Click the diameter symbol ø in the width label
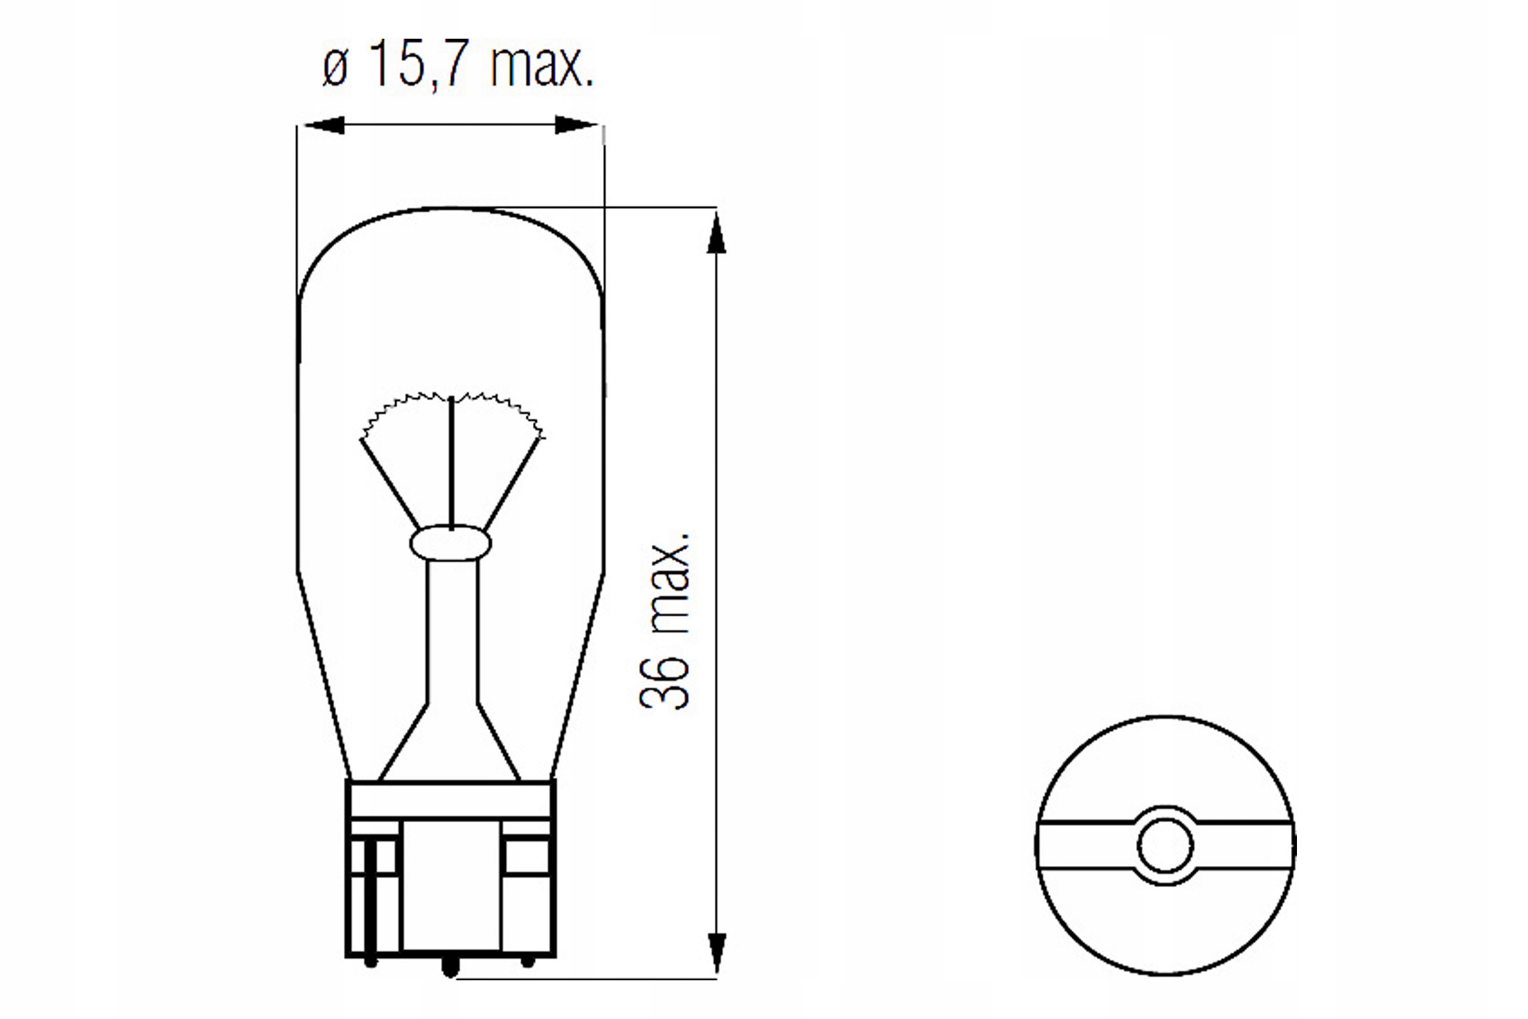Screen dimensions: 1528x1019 click(335, 68)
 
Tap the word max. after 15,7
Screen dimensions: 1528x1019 click(542, 65)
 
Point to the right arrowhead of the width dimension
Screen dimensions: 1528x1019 click(577, 125)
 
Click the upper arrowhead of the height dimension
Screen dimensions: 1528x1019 click(716, 231)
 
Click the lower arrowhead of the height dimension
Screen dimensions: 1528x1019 click(716, 953)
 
